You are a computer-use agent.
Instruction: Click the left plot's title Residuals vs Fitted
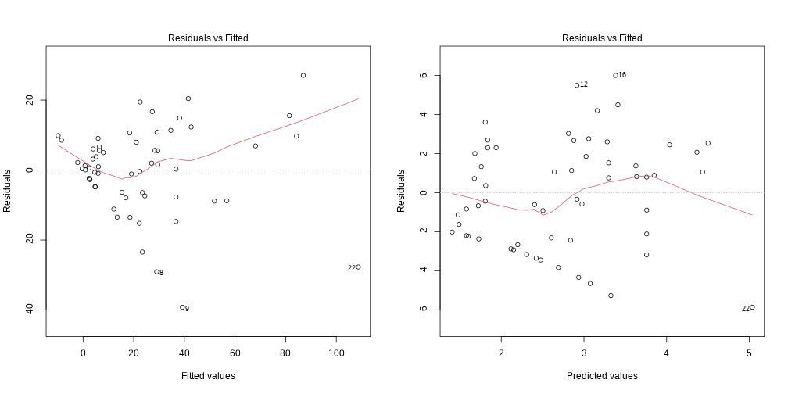pos(208,38)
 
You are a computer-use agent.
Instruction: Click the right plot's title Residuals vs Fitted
pos(602,38)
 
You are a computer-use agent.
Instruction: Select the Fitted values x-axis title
pos(208,376)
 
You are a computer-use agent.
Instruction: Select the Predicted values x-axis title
pos(602,376)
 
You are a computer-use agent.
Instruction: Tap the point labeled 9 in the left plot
pos(182,307)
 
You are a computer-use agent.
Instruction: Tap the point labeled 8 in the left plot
pos(156,272)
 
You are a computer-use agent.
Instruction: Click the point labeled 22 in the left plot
pos(358,267)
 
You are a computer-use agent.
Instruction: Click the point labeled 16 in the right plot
pos(615,75)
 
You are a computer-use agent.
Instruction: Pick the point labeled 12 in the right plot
pos(577,85)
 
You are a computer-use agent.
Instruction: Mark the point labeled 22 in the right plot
pos(752,307)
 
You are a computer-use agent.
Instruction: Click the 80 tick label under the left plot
pos(285,353)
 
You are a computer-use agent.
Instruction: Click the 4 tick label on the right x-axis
pos(666,353)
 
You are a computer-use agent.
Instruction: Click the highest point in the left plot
pos(303,75)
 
